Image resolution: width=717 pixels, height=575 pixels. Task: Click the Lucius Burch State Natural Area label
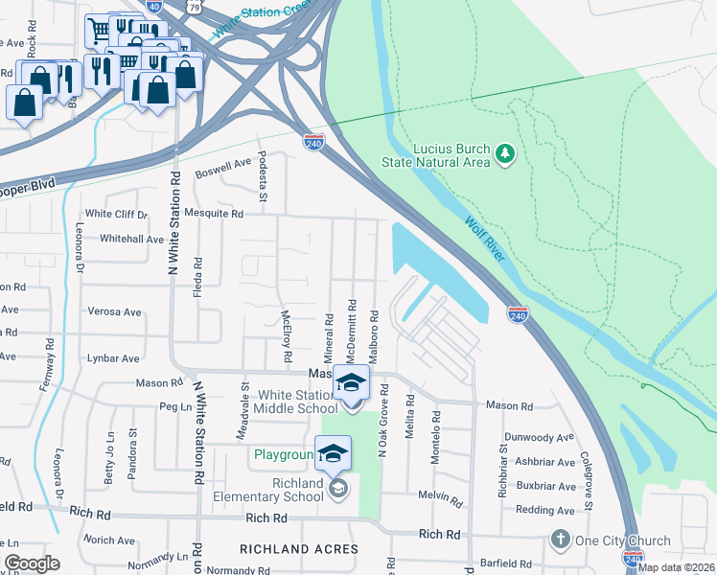coord(451,155)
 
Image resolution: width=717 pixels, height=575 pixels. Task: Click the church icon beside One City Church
coord(561,540)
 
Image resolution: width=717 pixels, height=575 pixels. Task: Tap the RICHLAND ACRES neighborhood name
coord(299,550)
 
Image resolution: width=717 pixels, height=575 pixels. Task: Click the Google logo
coord(32,563)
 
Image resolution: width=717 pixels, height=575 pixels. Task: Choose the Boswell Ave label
coord(222,169)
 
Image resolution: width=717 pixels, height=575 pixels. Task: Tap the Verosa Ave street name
coord(114,311)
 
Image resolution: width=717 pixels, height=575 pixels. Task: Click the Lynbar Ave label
coord(114,358)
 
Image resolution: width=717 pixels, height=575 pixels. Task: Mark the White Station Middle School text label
coord(285,402)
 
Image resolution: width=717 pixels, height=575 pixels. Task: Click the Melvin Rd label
coord(441,494)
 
